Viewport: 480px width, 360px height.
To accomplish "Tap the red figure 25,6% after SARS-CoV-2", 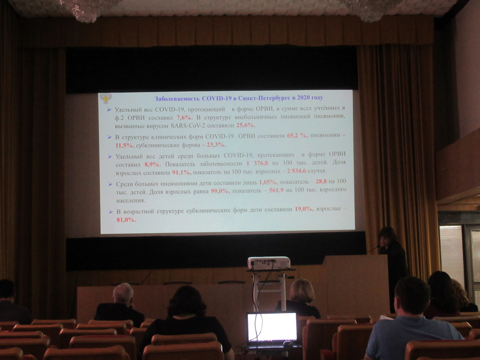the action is coord(246,125).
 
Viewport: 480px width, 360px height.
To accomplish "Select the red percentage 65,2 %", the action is coord(297,136).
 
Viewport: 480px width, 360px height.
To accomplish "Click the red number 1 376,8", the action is coord(257,163).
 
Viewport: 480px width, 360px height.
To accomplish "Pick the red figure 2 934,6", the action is coord(297,171).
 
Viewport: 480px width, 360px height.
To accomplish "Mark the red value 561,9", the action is coord(276,190).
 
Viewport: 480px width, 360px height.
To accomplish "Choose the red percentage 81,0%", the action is coord(126,220).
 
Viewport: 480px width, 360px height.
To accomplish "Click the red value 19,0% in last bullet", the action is coord(304,209).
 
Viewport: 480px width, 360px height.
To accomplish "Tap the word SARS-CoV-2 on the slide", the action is coord(188,126).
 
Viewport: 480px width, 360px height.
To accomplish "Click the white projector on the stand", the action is coord(269,263).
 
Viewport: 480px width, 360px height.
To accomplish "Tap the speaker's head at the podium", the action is coord(388,237).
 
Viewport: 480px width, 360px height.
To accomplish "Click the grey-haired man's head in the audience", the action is coord(123,293).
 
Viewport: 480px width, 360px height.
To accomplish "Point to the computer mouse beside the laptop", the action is coord(288,344).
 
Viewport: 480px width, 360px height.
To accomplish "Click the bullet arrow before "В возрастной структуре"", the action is coord(111,212).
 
